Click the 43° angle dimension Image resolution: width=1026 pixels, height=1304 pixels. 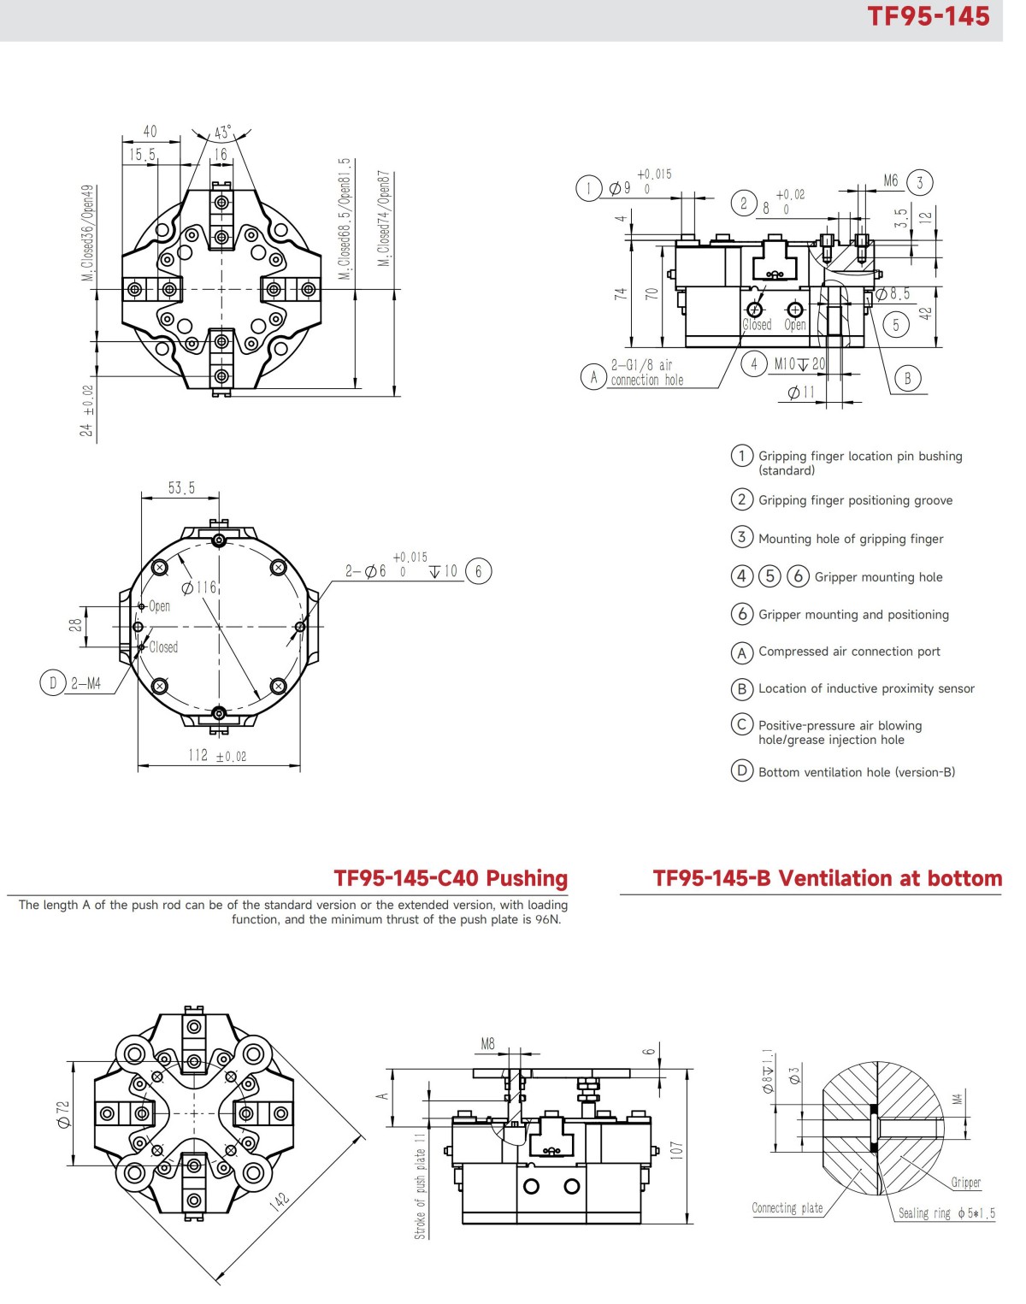click(222, 133)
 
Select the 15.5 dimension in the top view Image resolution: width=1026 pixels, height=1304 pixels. click(143, 155)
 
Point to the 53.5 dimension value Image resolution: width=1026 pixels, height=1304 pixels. click(181, 488)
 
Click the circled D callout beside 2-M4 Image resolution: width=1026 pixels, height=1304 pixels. click(53, 682)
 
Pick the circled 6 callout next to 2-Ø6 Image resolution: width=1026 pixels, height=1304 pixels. click(479, 571)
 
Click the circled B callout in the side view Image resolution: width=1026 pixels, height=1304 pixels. click(908, 378)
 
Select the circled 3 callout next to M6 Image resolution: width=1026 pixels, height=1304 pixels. click(920, 182)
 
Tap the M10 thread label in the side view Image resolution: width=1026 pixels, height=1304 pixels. click(785, 364)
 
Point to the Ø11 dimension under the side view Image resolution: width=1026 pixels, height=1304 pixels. click(801, 392)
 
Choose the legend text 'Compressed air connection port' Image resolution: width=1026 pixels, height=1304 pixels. click(849, 652)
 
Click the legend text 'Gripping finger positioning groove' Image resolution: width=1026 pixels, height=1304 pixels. click(855, 500)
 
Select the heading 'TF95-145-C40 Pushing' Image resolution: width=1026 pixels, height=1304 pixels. click(451, 878)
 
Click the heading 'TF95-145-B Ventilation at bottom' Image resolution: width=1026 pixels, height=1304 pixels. click(827, 878)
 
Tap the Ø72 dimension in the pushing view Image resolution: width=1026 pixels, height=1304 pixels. click(63, 1113)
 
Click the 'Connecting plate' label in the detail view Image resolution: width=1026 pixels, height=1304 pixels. click(787, 1208)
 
